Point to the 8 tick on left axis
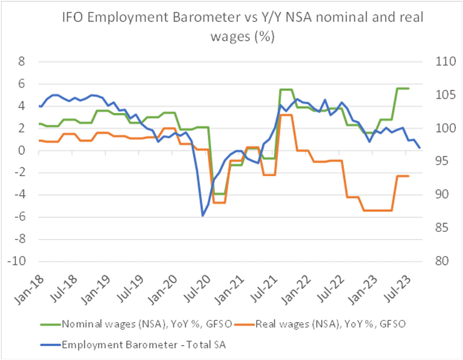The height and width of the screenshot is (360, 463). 22,61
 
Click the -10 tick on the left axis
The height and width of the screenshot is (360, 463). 19,262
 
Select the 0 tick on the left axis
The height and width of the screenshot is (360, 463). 22,151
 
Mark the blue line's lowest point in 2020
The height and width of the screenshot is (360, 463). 203,215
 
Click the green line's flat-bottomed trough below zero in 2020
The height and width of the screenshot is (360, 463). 219,194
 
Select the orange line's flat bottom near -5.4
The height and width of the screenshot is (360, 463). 378,210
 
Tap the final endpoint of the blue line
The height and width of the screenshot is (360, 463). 420,148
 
